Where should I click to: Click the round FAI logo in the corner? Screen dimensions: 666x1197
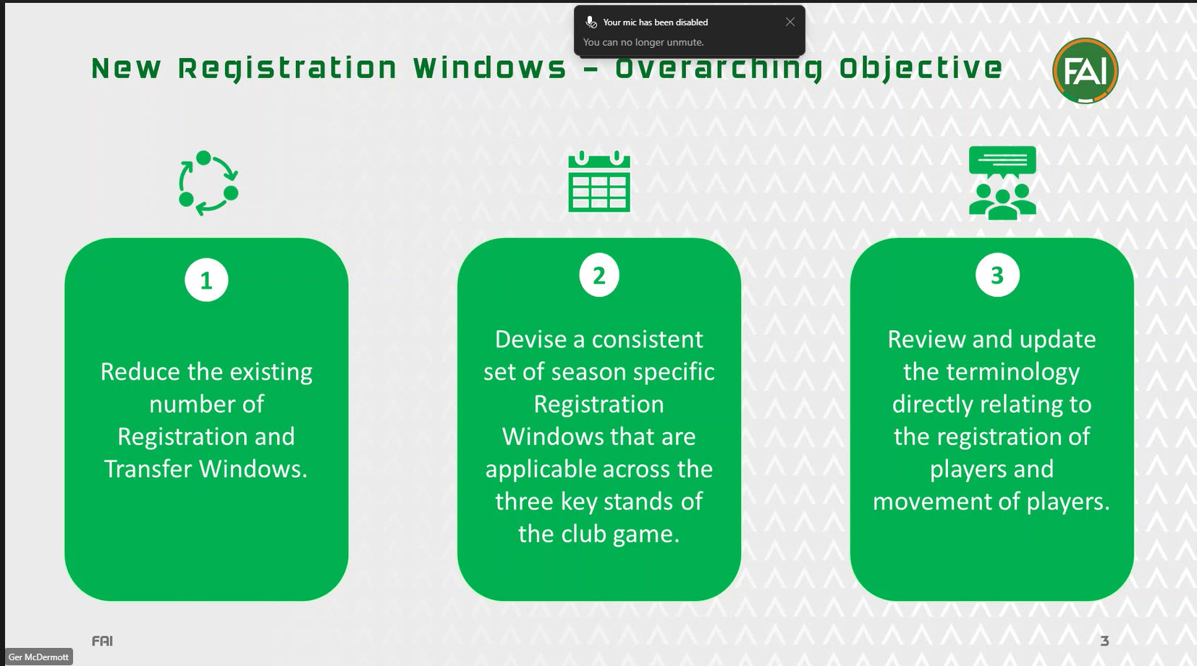1085,71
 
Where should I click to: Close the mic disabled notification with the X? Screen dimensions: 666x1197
790,22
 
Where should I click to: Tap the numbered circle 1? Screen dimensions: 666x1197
206,280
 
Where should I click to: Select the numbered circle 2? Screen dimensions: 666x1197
599,275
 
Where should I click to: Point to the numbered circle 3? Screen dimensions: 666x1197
997,275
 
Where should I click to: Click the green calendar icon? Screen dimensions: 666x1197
599,182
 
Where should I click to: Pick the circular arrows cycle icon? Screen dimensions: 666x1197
208,183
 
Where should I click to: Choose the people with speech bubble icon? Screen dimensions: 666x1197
1002,182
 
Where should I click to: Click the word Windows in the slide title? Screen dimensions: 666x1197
490,68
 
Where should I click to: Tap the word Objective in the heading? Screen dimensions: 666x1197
921,68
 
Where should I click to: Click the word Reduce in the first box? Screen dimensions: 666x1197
140,371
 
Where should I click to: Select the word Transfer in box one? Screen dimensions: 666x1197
148,469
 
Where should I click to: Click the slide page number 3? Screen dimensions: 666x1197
1104,641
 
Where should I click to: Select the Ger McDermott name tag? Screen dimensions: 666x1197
39,657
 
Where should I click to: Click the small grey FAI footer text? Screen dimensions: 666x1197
102,641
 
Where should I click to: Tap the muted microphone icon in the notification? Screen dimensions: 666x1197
591,22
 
